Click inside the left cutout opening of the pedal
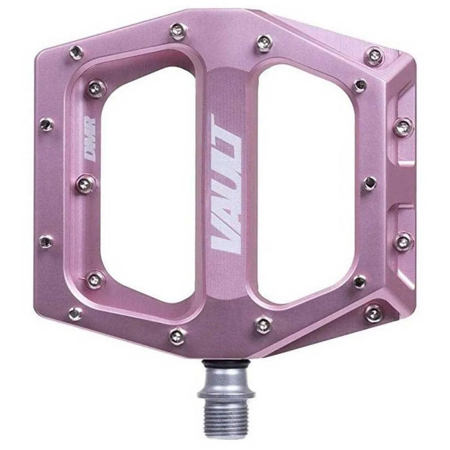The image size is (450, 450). (x=149, y=184)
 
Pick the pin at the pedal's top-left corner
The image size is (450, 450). (x=76, y=52)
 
